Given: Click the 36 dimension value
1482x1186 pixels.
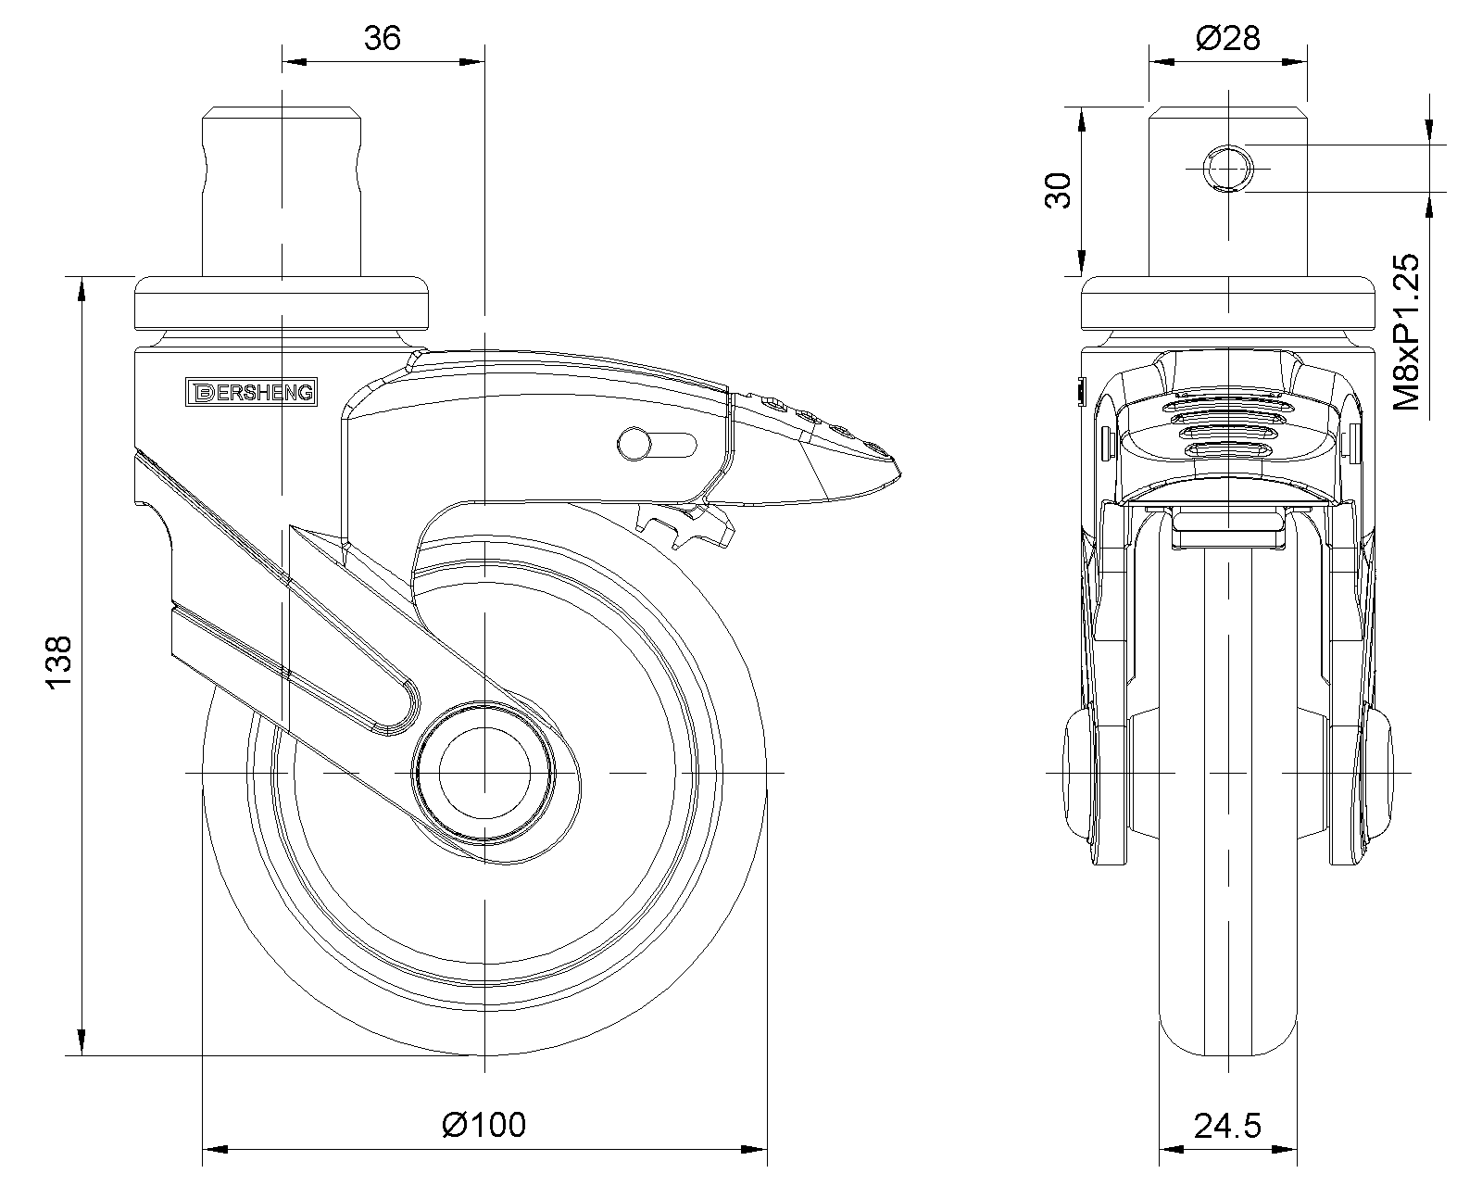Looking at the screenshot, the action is pos(383,39).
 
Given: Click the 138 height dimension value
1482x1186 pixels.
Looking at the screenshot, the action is pos(58,662).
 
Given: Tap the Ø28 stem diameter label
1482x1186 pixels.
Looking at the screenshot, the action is pos(1228,39).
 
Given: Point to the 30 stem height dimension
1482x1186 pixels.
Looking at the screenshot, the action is pos(1059,191).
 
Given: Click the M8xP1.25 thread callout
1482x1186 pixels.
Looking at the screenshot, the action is pos(1405,332).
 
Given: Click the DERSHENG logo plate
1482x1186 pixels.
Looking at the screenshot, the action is pos(251,392).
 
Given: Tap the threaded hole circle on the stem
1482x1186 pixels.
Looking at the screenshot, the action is pos(1228,168).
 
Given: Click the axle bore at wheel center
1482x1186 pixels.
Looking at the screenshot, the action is pos(484,773).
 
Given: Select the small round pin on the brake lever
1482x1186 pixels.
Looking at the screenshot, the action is pos(634,445).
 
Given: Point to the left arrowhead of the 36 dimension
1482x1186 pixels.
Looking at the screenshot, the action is pos(294,62).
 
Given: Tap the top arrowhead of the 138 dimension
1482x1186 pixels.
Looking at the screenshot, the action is pos(82,289).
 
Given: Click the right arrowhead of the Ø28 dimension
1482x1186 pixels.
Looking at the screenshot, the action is pos(1295,62).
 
